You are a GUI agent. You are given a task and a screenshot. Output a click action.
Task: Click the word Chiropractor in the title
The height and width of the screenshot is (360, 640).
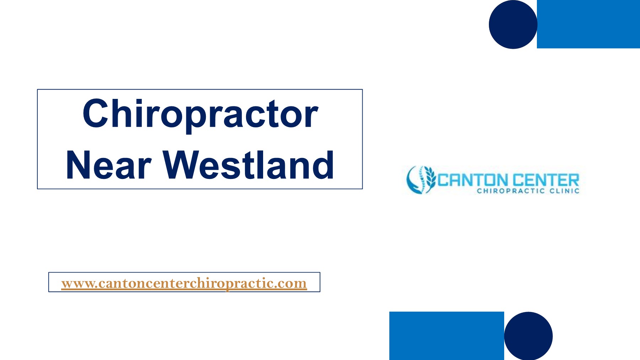(200, 114)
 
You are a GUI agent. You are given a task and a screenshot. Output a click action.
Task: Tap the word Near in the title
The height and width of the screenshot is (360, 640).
(109, 165)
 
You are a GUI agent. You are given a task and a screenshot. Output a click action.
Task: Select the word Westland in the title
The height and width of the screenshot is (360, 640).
(248, 165)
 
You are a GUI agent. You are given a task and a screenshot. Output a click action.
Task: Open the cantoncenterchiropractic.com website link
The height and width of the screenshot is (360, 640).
(184, 283)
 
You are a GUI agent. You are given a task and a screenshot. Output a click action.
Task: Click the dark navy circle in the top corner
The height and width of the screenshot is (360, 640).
(513, 25)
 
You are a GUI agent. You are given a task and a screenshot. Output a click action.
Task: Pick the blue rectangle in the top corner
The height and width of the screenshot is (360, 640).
(588, 24)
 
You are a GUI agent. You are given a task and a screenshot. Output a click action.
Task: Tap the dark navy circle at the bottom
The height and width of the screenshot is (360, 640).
(528, 336)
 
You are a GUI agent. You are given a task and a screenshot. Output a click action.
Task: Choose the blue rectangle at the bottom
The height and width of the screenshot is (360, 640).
(447, 336)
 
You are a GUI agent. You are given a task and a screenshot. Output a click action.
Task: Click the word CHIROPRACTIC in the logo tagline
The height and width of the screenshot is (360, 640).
(511, 191)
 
